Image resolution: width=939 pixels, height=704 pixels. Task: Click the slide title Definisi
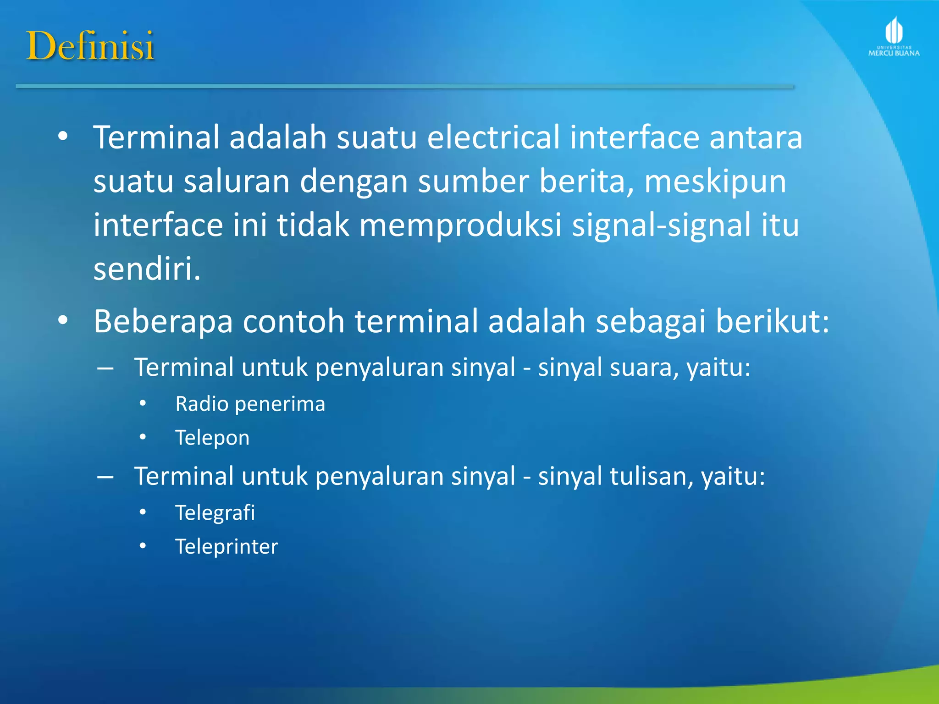coord(90,46)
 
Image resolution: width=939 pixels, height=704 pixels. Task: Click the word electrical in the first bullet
coord(493,137)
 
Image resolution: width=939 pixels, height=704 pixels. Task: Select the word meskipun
coord(715,182)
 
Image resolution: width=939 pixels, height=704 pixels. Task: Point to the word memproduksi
coord(460,225)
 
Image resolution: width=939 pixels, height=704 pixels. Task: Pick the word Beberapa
coord(163,322)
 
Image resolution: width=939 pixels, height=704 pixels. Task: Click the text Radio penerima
coord(250,404)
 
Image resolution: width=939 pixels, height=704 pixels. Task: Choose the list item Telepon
coord(212,438)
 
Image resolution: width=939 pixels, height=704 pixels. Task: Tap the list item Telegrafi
coord(215,512)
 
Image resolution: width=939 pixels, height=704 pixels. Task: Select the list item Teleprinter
coord(226,546)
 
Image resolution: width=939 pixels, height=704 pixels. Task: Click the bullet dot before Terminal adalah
coord(63,137)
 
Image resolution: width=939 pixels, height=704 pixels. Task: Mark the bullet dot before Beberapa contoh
coord(63,320)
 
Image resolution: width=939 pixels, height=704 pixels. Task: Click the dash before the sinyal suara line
coord(105,368)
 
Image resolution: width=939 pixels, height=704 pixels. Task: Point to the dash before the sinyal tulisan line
coord(105,477)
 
